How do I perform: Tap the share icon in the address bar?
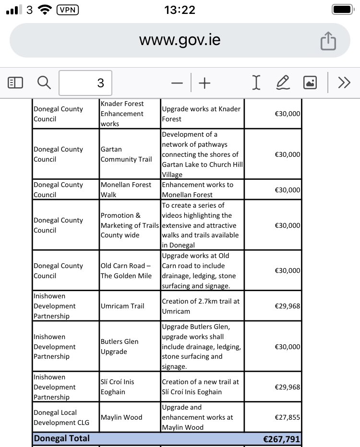click(x=328, y=41)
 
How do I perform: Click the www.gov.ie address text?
click(x=180, y=40)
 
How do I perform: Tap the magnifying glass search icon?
click(x=44, y=83)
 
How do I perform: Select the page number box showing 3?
click(x=85, y=83)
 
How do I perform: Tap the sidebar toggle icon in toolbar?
click(x=15, y=83)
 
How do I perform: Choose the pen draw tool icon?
click(x=283, y=83)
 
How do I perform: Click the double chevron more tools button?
click(x=344, y=83)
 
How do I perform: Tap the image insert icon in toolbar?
click(x=310, y=83)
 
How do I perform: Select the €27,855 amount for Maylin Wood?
click(x=287, y=417)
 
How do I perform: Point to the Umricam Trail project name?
click(x=122, y=306)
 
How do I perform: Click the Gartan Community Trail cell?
click(x=126, y=154)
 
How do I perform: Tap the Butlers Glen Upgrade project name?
click(x=120, y=347)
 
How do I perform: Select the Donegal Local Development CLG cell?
click(x=55, y=417)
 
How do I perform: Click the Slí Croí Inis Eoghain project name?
click(x=118, y=387)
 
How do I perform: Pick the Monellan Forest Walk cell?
click(x=126, y=189)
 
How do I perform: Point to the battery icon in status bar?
click(x=341, y=10)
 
